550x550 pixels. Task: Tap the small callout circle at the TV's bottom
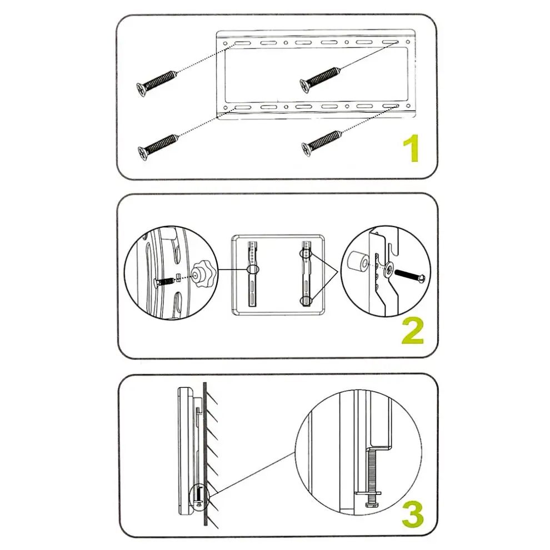pos(199,497)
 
